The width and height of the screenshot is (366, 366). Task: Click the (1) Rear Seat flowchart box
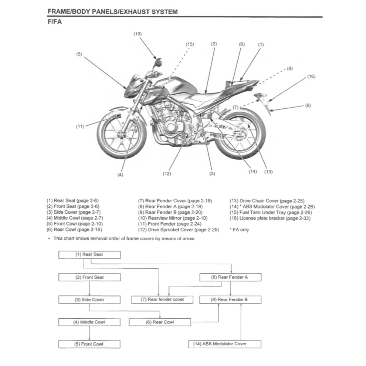89,255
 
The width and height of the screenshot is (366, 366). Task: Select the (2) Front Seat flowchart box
89,277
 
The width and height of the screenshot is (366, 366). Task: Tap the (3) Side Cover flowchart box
89,299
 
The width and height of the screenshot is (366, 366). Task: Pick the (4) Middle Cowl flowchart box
89,322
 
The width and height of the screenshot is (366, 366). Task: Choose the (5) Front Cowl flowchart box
89,344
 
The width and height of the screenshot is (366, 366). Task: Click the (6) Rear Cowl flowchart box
160,322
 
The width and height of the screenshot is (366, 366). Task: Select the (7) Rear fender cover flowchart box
162,299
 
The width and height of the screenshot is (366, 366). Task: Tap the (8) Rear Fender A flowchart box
230,277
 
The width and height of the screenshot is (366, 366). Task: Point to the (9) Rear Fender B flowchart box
230,299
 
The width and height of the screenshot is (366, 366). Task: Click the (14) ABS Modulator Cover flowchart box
224,344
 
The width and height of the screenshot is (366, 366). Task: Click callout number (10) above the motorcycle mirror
137,34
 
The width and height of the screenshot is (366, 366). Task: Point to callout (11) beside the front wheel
80,126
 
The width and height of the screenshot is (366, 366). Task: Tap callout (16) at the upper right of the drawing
311,77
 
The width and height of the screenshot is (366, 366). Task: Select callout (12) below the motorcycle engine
167,174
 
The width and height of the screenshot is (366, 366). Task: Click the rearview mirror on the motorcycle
159,61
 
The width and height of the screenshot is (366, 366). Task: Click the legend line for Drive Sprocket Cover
179,230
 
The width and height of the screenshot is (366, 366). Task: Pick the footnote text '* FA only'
239,230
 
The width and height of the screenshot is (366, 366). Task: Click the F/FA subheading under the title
55,22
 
